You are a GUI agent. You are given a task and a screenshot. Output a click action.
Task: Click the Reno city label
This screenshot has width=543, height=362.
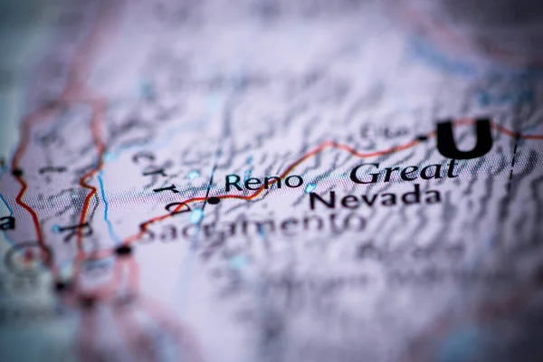click(263, 182)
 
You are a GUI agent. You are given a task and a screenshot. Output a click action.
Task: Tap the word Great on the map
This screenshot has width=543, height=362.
click(404, 171)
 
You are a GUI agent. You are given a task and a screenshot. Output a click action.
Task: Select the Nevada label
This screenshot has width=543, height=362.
click(374, 199)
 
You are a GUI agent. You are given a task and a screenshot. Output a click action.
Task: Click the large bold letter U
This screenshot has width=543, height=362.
click(464, 138)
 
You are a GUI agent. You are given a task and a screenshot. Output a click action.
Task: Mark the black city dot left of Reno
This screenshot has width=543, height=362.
click(213, 200)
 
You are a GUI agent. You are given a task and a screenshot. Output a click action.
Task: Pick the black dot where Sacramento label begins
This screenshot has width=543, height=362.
click(123, 250)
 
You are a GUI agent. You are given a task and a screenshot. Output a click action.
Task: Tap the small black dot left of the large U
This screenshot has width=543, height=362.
click(422, 138)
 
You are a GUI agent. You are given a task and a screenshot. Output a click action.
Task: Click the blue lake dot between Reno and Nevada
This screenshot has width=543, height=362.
click(310, 187)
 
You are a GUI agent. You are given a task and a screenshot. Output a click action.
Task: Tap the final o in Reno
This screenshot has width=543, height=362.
click(294, 181)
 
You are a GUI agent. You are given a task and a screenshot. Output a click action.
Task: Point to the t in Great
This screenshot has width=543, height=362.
click(450, 167)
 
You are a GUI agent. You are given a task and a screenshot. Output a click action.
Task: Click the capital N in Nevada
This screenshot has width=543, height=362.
click(320, 202)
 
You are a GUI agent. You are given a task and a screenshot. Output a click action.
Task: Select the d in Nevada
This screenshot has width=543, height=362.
click(408, 197)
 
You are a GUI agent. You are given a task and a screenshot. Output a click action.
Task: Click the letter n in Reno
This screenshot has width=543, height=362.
click(274, 183)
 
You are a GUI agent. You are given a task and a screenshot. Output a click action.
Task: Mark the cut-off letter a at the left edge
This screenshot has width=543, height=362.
click(6, 222)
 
